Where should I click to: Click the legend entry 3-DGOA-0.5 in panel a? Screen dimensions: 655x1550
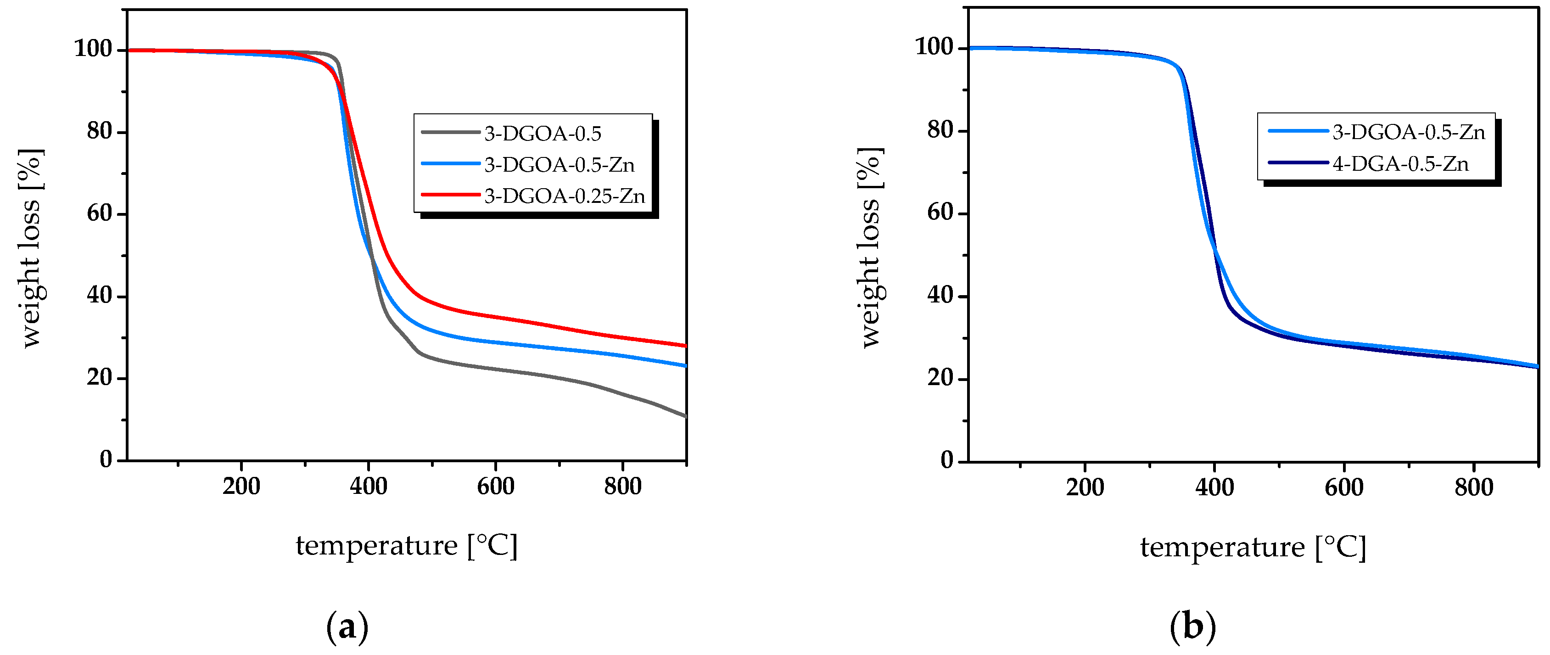(542, 134)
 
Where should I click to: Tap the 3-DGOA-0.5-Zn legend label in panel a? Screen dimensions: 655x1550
(559, 165)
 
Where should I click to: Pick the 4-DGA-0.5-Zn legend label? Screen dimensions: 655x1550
(1400, 163)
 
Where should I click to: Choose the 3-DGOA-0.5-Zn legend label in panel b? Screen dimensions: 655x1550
(1408, 132)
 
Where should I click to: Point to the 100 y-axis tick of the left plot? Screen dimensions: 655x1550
(93, 49)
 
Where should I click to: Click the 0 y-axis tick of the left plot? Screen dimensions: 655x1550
(106, 460)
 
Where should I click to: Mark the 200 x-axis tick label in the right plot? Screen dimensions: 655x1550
(1085, 487)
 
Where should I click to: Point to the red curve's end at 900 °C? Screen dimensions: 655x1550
(685, 346)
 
